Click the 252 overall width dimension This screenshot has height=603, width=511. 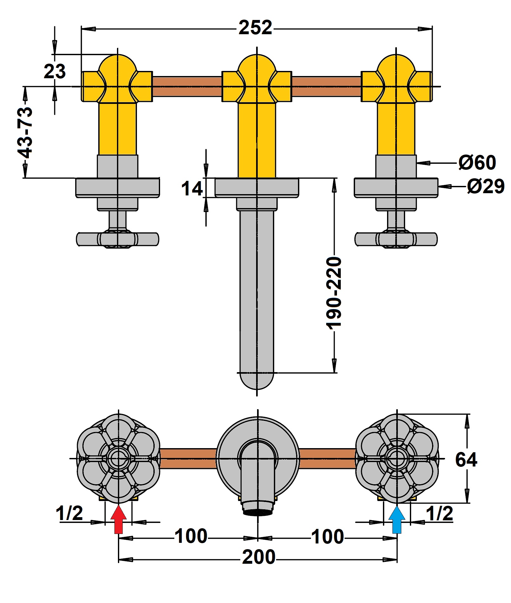pyautogui.click(x=255, y=28)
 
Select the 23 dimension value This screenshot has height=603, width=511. pyautogui.click(x=55, y=71)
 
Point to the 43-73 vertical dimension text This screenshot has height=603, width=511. pyautogui.click(x=25, y=133)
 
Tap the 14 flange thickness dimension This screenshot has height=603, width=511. pyautogui.click(x=192, y=189)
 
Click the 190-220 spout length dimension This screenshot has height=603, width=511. pyautogui.click(x=334, y=293)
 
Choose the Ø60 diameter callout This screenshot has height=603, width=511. pyautogui.click(x=477, y=162)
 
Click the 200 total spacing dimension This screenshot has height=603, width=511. pyautogui.click(x=259, y=557)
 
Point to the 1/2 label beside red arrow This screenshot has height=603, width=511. pyautogui.click(x=69, y=513)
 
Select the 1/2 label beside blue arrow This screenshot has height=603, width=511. pyautogui.click(x=439, y=513)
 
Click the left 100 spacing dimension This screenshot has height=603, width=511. pyautogui.click(x=191, y=536)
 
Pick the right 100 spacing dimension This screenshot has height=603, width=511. pyautogui.click(x=327, y=536)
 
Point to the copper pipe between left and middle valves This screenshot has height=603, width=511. pyautogui.click(x=187, y=86)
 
